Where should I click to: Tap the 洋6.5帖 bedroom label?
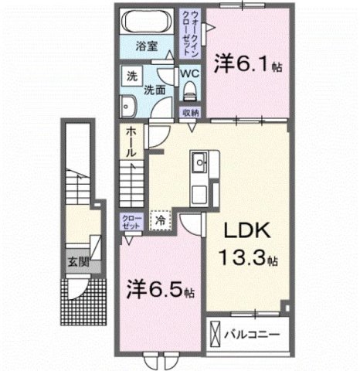pyautogui.click(x=161, y=291)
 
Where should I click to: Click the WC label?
pyautogui.click(x=190, y=74)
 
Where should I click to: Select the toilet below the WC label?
pyautogui.click(x=191, y=94)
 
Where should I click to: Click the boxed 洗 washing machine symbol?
pyautogui.click(x=132, y=77)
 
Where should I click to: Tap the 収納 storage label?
pyautogui.click(x=191, y=113)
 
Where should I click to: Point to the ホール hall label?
pyautogui.click(x=132, y=143)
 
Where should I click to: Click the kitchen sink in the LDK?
pyautogui.click(x=199, y=164)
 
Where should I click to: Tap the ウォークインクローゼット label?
pyautogui.click(x=188, y=31)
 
